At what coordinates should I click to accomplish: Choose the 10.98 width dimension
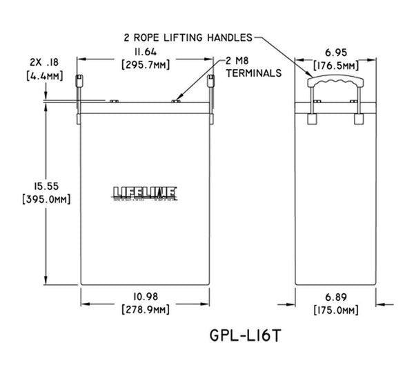(146, 297)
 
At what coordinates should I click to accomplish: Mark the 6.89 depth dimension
(335, 297)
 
